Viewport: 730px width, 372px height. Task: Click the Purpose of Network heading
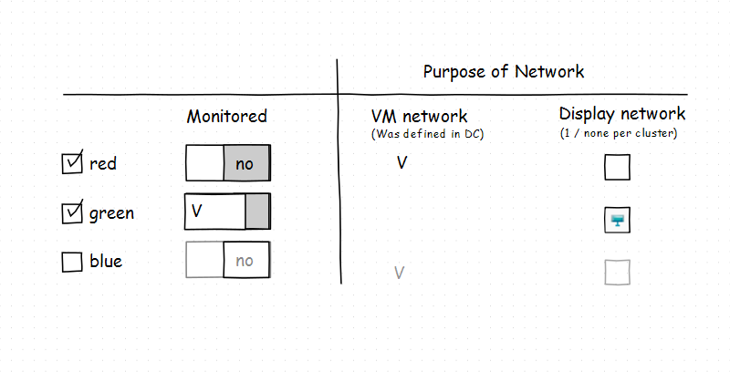[x=503, y=72]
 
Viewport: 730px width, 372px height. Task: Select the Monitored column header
[x=227, y=116]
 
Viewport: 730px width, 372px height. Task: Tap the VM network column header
[x=419, y=116]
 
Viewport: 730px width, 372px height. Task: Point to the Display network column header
[x=622, y=114]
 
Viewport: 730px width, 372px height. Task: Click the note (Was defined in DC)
[x=426, y=134]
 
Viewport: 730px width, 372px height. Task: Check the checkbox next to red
[x=71, y=164]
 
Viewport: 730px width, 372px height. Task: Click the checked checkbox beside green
[x=71, y=213]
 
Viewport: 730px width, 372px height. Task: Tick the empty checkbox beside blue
[x=71, y=263]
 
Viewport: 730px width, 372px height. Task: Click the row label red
[x=103, y=164]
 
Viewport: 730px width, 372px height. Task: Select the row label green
[x=111, y=213]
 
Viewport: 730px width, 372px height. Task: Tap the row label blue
[x=106, y=263]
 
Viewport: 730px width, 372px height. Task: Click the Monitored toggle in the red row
[x=228, y=164]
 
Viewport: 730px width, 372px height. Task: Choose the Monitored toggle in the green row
[x=228, y=211]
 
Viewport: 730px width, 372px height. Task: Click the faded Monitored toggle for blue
[x=228, y=260]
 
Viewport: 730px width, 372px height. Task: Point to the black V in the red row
[x=402, y=164]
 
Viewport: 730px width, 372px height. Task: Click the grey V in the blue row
[x=399, y=272]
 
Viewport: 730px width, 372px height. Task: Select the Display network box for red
[x=618, y=168]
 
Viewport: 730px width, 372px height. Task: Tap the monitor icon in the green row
[x=618, y=220]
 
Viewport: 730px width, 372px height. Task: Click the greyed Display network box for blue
[x=618, y=272]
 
